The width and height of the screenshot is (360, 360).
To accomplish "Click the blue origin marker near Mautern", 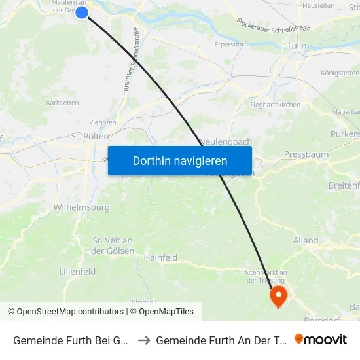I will click(x=82, y=12).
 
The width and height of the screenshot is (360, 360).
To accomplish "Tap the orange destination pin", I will click(x=279, y=295).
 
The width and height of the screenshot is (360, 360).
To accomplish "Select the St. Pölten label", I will click(x=90, y=137).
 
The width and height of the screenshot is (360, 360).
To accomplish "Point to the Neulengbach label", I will click(x=226, y=141).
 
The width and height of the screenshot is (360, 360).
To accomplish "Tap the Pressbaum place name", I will click(x=306, y=154).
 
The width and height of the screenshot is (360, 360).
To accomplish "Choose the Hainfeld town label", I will click(x=160, y=258).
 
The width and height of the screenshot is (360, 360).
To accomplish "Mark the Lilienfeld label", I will click(x=77, y=271).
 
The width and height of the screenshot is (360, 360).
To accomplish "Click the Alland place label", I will click(x=306, y=240).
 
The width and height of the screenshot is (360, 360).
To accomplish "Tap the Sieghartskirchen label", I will click(x=275, y=104).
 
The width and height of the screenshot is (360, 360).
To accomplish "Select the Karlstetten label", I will click(x=63, y=103).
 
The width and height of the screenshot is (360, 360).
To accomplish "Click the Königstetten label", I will click(x=340, y=73).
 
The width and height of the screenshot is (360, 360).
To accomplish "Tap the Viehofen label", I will click(x=103, y=122).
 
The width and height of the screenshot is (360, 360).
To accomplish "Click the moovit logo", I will click(x=321, y=339).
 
